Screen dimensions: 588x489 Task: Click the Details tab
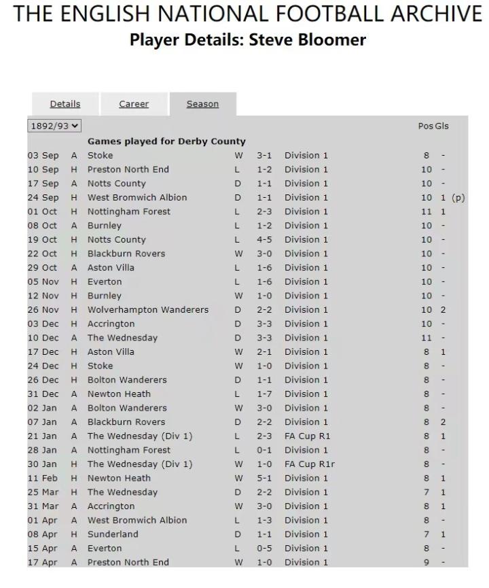pos(65,104)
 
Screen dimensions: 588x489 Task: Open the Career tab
pos(134,104)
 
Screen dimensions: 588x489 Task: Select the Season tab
pos(202,104)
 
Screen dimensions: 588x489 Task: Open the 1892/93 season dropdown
pos(54,126)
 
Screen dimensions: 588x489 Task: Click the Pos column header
pos(425,126)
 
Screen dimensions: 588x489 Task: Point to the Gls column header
pos(442,126)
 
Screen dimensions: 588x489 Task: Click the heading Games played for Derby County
pos(166,141)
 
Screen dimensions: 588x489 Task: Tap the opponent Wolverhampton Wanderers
pos(147,310)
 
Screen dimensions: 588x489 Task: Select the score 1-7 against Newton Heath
pos(264,394)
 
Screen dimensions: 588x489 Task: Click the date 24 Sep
pos(43,198)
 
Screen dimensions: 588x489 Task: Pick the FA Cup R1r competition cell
pos(309,464)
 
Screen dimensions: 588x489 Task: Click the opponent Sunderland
pos(112,534)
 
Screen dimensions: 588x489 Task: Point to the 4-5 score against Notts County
pos(264,240)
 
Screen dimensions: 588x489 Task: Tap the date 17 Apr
pos(43,562)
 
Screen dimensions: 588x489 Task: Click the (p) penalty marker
pos(458,198)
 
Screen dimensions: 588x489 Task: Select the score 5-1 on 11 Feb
pos(264,479)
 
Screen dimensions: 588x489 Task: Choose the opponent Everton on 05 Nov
pos(105,282)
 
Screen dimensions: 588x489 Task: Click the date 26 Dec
pos(43,380)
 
